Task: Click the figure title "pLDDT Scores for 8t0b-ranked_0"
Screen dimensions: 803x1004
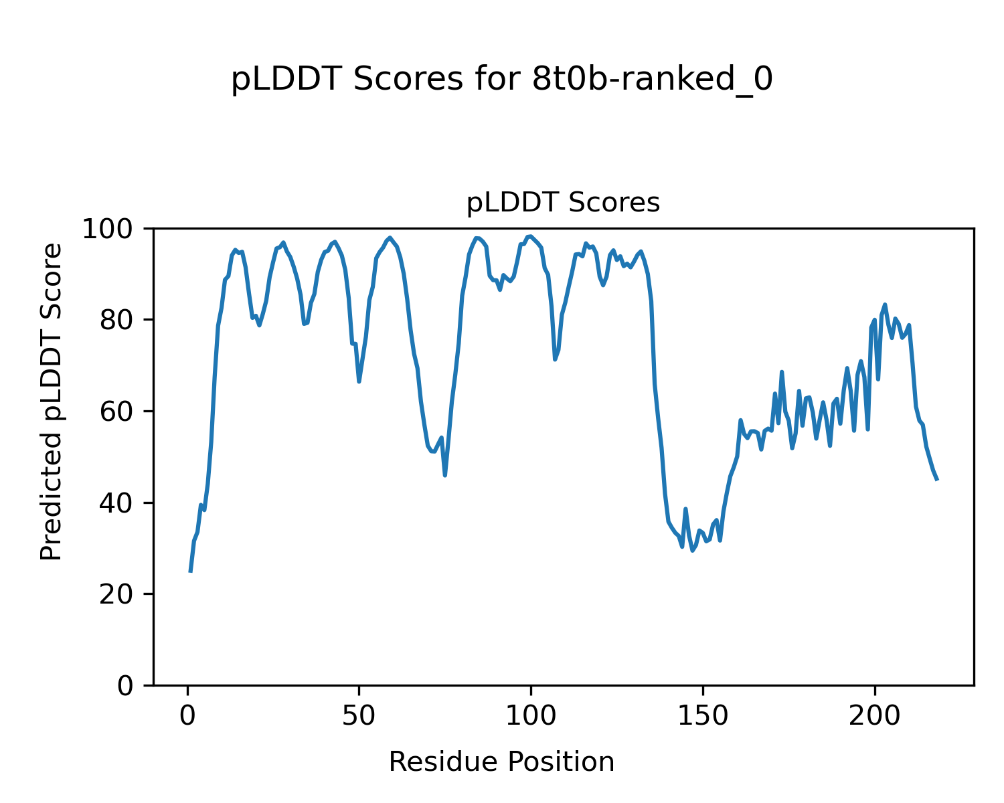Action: tap(502, 80)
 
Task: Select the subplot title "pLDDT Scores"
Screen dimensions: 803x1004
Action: tap(563, 203)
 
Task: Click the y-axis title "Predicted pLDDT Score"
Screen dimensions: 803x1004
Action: tap(52, 401)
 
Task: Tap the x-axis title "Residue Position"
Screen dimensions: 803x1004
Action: tap(501, 762)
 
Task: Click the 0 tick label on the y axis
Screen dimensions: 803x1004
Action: tap(126, 686)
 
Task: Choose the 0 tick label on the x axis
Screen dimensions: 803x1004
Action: tap(187, 716)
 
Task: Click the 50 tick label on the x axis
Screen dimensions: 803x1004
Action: tap(359, 716)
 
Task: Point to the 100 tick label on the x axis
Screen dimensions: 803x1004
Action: tap(531, 716)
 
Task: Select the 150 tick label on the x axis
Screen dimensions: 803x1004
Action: tap(703, 716)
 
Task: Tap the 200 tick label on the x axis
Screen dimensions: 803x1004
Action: tap(874, 716)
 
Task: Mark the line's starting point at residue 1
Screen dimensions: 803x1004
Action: tap(191, 571)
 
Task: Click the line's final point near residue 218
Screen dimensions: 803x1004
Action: tap(937, 480)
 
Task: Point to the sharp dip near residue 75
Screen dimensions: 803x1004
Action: tap(445, 475)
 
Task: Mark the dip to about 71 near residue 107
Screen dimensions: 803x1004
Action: tap(555, 359)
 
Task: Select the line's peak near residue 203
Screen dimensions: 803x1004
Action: tap(885, 304)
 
